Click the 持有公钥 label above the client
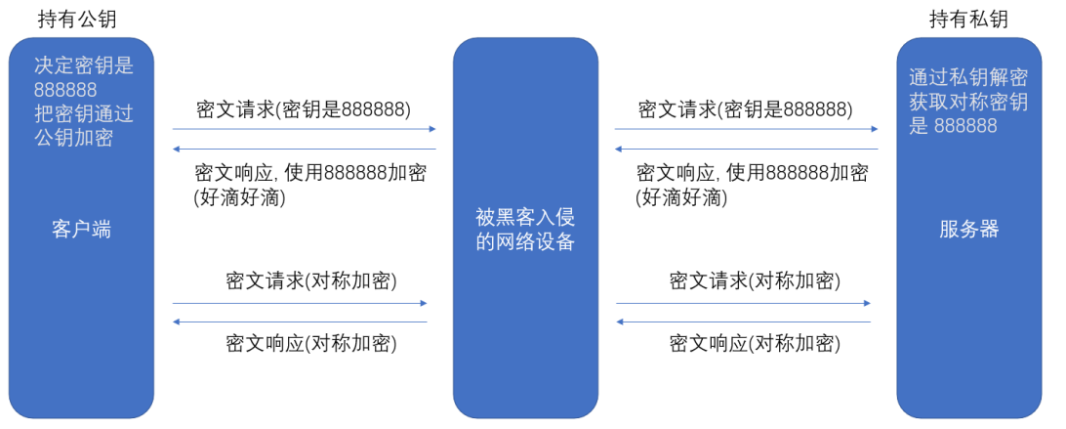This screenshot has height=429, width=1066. pos(83,19)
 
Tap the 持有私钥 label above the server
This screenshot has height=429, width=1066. pos(968,19)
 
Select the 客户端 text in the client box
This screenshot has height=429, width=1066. pos(81,230)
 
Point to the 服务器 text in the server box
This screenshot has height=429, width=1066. pos(969,230)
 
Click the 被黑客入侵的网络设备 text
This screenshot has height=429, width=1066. pos(525,230)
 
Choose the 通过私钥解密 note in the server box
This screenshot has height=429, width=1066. pos(967,78)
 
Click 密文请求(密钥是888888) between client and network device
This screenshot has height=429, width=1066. pos(304,108)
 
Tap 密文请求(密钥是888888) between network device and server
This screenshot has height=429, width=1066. pos(745,108)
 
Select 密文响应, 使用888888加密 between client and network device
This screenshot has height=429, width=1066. pos(310,173)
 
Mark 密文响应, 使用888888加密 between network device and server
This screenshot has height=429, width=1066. pos(752,173)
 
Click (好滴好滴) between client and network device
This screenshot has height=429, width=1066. pos(240,198)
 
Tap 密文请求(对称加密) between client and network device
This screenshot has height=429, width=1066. pos(310,281)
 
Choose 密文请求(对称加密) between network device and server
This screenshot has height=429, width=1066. pos(755,281)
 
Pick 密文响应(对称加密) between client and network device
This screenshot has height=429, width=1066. pos(310,343)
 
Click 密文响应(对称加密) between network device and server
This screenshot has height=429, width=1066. pos(755,343)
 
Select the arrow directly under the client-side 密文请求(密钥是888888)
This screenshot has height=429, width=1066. pos(304,129)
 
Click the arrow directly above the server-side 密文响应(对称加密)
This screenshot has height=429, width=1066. pos(743,322)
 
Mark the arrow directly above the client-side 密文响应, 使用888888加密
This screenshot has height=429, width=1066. pos(304,150)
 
